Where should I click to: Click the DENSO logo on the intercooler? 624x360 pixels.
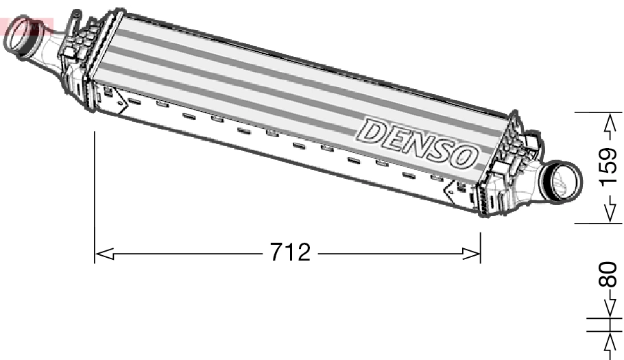tap(418, 143)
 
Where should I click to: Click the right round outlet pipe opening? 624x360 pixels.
tap(562, 182)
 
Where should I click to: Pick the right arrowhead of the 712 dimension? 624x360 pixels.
tap(472, 254)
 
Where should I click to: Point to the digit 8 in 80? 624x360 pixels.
tap(609, 280)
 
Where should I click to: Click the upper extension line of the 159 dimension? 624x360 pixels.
tap(592, 111)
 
